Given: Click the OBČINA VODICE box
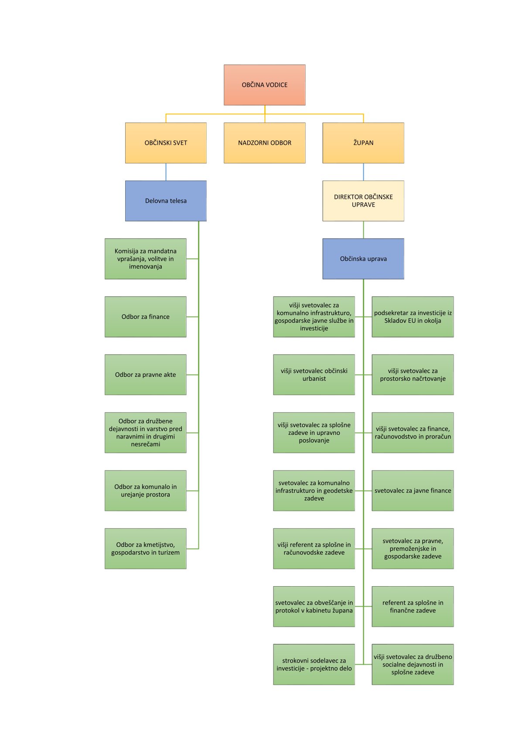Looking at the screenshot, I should click(264, 85).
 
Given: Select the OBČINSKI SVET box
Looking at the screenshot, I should click(166, 143).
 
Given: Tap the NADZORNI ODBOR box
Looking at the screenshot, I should click(264, 143).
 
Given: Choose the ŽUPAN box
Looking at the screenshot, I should click(363, 143).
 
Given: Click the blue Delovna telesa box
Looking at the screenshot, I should click(166, 201).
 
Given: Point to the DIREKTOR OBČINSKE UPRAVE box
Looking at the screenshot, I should click(363, 201).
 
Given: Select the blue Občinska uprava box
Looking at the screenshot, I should click(363, 259).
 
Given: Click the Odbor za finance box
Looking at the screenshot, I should click(145, 317).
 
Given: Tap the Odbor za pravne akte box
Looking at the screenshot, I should click(145, 375).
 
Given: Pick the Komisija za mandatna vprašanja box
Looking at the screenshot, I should click(145, 259).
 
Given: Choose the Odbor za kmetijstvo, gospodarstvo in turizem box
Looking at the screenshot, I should click(145, 548).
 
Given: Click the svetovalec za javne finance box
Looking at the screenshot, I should click(413, 491).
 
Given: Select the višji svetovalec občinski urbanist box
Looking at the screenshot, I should click(314, 375).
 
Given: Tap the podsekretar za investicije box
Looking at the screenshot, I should click(413, 317).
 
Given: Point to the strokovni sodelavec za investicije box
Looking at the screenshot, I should click(314, 664).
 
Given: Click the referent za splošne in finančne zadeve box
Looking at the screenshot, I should click(413, 606).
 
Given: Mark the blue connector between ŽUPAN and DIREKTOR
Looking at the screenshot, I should click(363, 172).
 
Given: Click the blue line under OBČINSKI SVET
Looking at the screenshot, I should click(166, 172).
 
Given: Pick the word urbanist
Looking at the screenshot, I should click(314, 379).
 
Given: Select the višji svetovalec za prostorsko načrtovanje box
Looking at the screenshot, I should click(413, 375).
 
